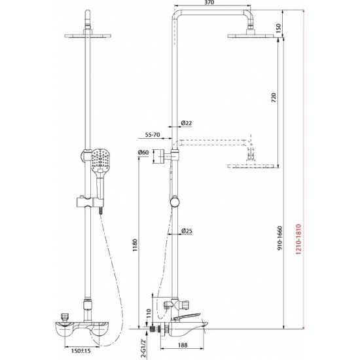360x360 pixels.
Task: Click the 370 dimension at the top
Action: click(209, 5)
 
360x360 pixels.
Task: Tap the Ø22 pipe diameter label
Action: click(186, 123)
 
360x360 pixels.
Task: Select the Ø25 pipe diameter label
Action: click(186, 230)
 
